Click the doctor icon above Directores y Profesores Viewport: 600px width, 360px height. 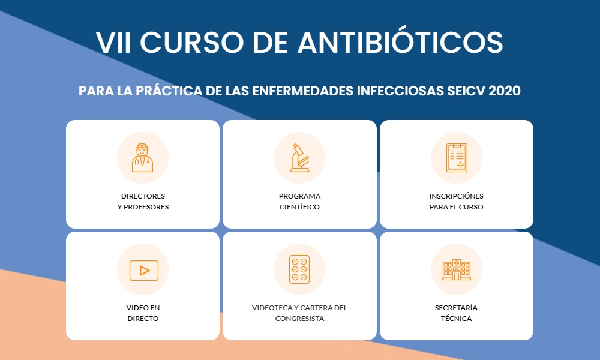click(x=142, y=158)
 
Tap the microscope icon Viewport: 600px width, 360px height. click(x=299, y=158)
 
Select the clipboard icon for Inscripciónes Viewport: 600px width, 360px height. click(x=457, y=158)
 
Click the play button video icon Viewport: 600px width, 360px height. click(x=144, y=270)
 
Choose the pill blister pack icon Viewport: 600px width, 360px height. click(x=299, y=269)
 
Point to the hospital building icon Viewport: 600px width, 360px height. click(x=457, y=269)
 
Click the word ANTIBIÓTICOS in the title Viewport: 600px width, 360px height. click(x=400, y=42)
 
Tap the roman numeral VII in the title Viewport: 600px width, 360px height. click(x=113, y=42)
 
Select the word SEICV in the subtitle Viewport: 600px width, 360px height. click(x=466, y=91)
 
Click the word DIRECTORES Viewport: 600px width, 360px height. click(x=143, y=196)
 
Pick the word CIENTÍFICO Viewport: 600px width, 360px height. click(x=299, y=207)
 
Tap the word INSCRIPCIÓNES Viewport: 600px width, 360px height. click(x=456, y=196)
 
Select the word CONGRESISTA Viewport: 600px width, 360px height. click(x=299, y=319)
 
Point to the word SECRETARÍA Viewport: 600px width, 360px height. click(x=456, y=308)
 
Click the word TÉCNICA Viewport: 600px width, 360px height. click(x=456, y=318)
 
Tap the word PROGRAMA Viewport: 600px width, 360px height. click(x=299, y=196)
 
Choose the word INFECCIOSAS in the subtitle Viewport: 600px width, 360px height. click(x=400, y=91)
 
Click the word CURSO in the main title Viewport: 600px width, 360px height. click(x=192, y=42)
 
